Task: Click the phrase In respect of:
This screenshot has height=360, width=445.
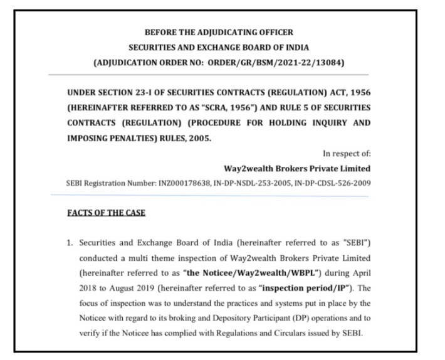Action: point(346,153)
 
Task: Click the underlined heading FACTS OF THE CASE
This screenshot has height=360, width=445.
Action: point(106,213)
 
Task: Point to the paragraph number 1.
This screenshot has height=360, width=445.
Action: point(70,242)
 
